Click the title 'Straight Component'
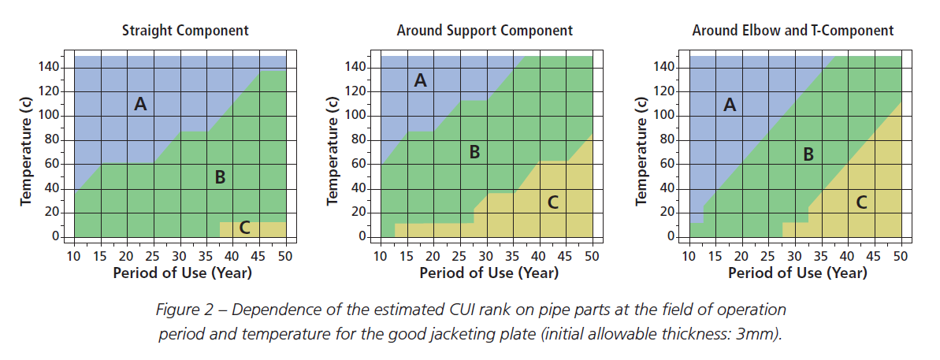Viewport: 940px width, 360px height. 185,31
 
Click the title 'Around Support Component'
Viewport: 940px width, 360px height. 485,31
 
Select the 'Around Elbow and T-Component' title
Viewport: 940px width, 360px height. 793,31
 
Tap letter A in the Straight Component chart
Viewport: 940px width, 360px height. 140,103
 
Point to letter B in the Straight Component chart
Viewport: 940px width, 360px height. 220,178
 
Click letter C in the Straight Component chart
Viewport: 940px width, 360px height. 244,228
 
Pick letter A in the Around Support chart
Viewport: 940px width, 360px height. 420,80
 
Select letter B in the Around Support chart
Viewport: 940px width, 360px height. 474,152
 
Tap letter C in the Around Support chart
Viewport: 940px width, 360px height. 552,202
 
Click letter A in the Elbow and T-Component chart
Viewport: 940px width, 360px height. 730,105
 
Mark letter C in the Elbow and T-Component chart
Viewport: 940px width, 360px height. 861,202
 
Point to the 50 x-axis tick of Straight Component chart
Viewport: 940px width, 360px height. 285,257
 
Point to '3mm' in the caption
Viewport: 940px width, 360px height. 760,332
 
